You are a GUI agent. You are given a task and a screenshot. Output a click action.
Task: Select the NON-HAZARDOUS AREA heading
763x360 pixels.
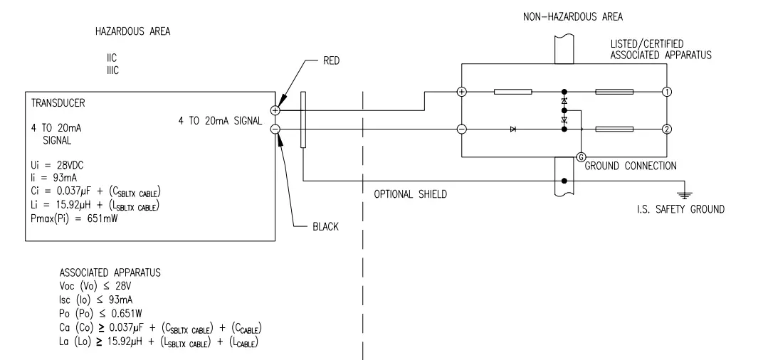pyautogui.click(x=574, y=16)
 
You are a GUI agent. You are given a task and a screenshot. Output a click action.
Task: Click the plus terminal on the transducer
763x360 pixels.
pyautogui.click(x=275, y=110)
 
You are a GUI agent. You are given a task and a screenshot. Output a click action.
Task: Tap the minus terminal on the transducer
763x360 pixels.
pyautogui.click(x=275, y=129)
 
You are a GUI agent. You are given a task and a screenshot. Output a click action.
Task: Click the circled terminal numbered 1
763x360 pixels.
pyautogui.click(x=667, y=92)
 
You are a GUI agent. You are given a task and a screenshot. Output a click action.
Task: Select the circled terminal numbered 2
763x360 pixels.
pyautogui.click(x=667, y=129)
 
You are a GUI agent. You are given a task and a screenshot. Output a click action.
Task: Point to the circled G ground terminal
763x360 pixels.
pyautogui.click(x=581, y=157)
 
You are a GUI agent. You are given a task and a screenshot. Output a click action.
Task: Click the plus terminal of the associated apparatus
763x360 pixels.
pyautogui.click(x=461, y=92)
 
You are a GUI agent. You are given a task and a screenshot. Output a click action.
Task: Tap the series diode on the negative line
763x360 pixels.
pyautogui.click(x=512, y=129)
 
